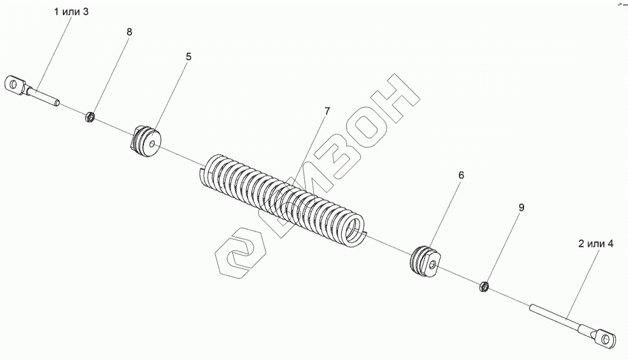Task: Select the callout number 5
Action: pos(188,57)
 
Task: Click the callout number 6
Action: pos(461,175)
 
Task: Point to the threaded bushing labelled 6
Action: pos(424,260)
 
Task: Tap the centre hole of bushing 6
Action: pos(432,265)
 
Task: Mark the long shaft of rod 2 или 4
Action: pos(555,317)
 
